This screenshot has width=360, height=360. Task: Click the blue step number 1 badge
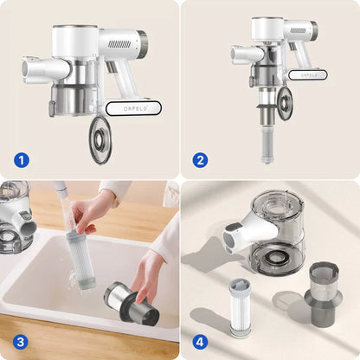[x=22, y=160]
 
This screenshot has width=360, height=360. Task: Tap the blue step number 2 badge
[x=200, y=160]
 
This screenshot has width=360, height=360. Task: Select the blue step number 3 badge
[x=21, y=343]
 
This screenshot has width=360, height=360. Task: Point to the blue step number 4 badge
[x=200, y=343]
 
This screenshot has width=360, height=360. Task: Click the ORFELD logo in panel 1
[x=135, y=109]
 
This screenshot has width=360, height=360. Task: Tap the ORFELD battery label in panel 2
[x=308, y=74]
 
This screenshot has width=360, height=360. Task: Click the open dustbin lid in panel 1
[x=100, y=139]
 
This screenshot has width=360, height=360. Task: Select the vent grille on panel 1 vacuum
[x=119, y=44]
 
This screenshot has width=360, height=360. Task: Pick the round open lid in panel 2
[x=286, y=105]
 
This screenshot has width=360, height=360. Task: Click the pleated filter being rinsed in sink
[x=80, y=259]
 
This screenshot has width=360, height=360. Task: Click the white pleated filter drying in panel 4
[x=240, y=308]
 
